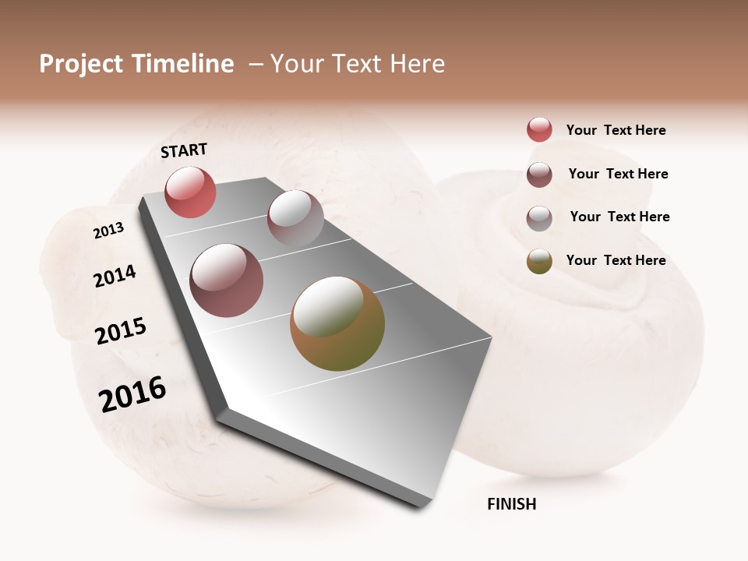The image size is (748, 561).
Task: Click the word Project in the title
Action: (82, 64)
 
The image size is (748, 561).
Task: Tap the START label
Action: (184, 150)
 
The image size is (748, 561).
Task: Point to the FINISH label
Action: (511, 504)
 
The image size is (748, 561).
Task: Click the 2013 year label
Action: (108, 231)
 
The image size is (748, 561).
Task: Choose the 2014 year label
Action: (115, 276)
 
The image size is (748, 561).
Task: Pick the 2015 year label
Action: (121, 331)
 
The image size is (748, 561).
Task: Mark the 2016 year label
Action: (132, 394)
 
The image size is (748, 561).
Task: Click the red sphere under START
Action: (190, 192)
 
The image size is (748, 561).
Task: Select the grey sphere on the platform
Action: (295, 218)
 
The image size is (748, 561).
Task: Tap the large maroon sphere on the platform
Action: (226, 280)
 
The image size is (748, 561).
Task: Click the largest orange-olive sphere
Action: (337, 323)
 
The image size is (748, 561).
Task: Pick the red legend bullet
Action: (539, 129)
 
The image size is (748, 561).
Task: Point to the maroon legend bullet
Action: (539, 175)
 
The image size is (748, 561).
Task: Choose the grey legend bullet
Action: (539, 218)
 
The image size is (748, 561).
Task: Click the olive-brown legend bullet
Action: (539, 261)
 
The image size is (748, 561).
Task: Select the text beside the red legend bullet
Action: (616, 130)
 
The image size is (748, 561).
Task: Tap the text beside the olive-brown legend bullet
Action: (616, 260)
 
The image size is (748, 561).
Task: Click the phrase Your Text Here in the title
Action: (358, 64)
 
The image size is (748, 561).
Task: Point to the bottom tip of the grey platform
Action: (421, 505)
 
